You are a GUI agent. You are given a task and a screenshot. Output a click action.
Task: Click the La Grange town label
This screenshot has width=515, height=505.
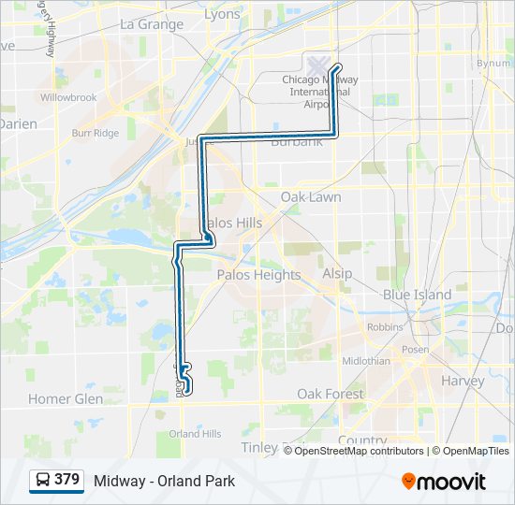pos(153,24)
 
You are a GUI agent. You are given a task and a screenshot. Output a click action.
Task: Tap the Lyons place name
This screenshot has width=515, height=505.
pos(222,14)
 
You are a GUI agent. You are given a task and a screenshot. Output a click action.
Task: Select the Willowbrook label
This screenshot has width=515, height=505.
pos(68,97)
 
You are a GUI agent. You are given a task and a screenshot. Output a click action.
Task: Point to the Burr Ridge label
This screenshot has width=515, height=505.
pos(96,134)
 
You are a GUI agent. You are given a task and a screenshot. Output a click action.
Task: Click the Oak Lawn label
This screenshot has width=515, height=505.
pos(311,197)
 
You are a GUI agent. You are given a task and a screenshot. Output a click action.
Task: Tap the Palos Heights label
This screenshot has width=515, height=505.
pos(258,275)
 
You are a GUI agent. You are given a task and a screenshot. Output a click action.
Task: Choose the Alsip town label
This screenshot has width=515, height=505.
pos(337,273)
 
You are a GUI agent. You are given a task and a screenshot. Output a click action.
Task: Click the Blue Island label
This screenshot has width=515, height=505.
pos(417,295)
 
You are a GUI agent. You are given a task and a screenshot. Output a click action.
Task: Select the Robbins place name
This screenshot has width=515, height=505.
pos(384,327)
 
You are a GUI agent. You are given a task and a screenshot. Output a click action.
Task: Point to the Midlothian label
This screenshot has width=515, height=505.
pos(366,361)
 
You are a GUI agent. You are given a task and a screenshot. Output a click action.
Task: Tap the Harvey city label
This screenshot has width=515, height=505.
pos(463,381)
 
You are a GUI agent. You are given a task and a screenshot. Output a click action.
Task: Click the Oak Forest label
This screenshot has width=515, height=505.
pos(331,394)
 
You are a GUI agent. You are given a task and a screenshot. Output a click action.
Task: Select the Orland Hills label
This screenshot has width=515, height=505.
pos(195,434)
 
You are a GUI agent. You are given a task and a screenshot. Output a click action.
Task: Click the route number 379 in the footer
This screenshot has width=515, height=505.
pos(66,480)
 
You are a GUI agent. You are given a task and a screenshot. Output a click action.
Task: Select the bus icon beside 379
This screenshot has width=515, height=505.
pos(43,481)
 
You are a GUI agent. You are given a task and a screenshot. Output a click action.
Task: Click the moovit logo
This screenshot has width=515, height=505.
pos(444,482)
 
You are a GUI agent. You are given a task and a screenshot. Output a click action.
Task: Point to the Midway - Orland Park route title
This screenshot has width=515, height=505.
pos(164,482)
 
